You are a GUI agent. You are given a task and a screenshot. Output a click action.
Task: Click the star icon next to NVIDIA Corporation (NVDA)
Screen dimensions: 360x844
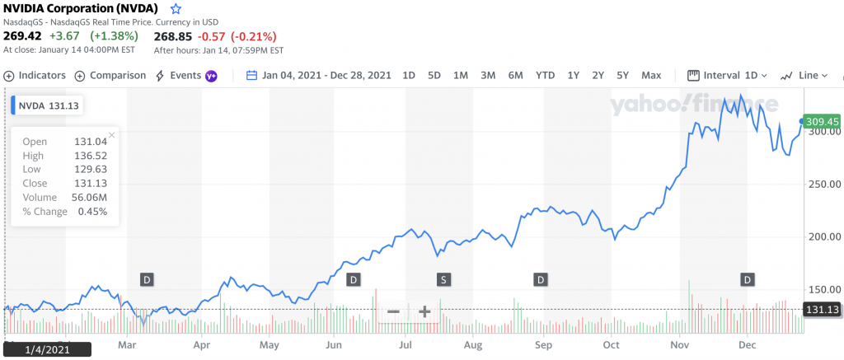click(x=175, y=9)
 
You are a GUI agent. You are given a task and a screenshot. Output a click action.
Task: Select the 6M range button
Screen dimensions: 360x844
click(x=515, y=75)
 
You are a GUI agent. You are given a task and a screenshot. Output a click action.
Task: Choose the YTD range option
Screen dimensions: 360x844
click(x=545, y=75)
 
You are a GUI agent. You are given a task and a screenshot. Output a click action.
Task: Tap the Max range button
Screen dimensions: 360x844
click(x=651, y=75)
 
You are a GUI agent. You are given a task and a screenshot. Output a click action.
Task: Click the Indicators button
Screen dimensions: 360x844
click(x=35, y=75)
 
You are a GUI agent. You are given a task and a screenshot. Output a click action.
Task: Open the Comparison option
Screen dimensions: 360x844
click(x=106, y=75)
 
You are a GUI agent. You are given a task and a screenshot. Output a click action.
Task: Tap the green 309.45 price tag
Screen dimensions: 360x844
click(x=821, y=121)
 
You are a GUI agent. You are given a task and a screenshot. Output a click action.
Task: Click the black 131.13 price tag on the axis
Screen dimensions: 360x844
click(x=821, y=310)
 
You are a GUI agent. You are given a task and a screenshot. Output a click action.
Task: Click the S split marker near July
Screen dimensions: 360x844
click(x=443, y=279)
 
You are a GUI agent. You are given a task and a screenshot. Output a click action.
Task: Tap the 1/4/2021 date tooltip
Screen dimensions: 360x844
click(x=47, y=349)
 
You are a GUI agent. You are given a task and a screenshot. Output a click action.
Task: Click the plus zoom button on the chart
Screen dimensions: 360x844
click(x=424, y=311)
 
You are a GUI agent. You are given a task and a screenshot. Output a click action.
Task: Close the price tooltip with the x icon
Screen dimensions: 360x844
click(x=112, y=134)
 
